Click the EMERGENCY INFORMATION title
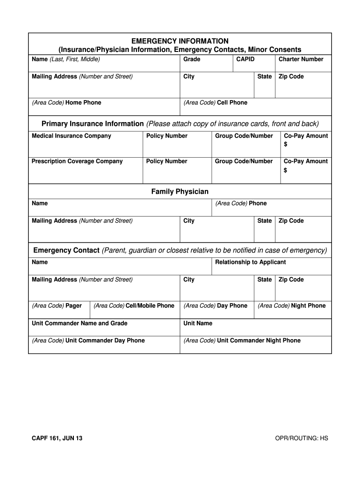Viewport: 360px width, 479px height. [x=180, y=41]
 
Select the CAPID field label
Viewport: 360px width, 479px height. [x=245, y=59]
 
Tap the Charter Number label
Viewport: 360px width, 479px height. [x=301, y=59]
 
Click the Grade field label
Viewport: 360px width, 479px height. [x=192, y=59]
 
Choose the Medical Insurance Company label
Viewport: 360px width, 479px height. [x=72, y=136]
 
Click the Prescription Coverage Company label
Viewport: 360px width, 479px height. [x=77, y=161]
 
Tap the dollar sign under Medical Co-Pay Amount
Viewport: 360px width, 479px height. [x=286, y=145]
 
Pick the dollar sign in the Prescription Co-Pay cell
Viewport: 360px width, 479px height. [x=286, y=170]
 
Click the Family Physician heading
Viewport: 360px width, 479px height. [x=180, y=192]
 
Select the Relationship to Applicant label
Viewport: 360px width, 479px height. [x=250, y=262]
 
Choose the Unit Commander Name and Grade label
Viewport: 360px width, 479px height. [x=79, y=324]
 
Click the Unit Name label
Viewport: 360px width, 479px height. [x=198, y=324]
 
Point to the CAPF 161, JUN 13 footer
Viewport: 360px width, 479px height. [x=57, y=438]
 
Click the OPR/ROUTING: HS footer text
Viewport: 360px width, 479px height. [x=302, y=438]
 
